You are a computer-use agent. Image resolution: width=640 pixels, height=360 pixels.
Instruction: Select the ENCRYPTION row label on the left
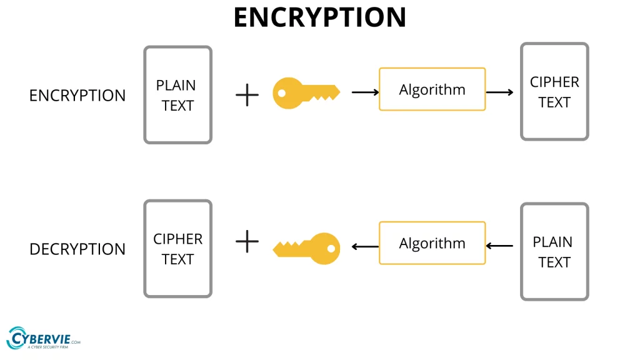(x=77, y=96)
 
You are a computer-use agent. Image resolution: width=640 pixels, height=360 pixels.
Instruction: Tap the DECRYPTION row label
(x=77, y=249)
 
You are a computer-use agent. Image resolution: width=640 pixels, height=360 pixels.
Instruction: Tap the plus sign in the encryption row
(x=247, y=95)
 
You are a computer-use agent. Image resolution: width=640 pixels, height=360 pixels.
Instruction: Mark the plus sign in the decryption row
(x=247, y=241)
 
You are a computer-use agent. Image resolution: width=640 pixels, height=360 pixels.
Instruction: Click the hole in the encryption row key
(x=282, y=93)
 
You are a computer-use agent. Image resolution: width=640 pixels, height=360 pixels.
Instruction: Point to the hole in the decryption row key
(x=331, y=249)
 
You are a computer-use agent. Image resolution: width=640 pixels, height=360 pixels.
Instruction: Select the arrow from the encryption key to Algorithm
(x=365, y=92)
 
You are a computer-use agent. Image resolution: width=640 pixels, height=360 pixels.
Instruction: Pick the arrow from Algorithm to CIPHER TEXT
(x=499, y=92)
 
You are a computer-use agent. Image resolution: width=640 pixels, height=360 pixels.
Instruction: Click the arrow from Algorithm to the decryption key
(x=365, y=246)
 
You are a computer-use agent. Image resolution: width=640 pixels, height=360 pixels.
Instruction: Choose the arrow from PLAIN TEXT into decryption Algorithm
(x=499, y=246)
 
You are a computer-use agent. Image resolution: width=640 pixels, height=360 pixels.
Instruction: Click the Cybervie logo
(x=43, y=338)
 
